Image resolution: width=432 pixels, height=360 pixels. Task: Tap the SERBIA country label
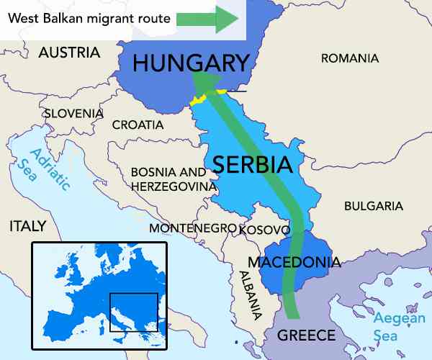252,165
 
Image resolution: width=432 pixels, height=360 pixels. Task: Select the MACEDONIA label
293,261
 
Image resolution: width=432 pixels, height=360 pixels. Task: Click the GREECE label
306,336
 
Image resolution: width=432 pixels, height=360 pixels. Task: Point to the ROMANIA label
349,58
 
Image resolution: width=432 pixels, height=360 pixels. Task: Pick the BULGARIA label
373,206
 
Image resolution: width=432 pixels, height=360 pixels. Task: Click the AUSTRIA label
69,52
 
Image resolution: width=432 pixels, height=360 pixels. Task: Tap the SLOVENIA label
73,113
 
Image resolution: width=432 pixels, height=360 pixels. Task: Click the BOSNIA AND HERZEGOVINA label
173,179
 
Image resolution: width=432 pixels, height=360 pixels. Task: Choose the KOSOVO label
264,230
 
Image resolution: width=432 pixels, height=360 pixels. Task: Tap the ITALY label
27,226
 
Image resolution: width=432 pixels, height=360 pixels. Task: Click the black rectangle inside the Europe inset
133,312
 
